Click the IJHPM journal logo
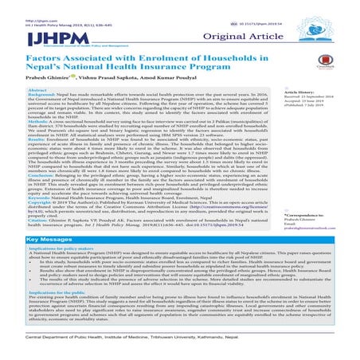point(30,31)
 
